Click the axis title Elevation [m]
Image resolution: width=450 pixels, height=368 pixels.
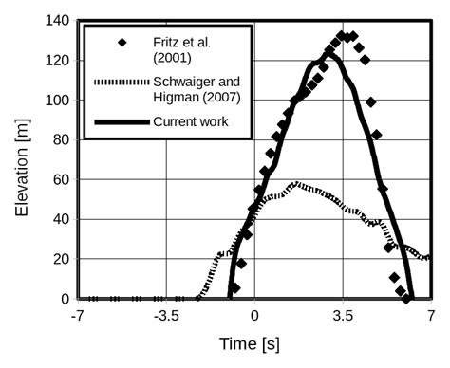coord(21,159)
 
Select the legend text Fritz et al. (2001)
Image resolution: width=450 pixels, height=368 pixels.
coord(199,49)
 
